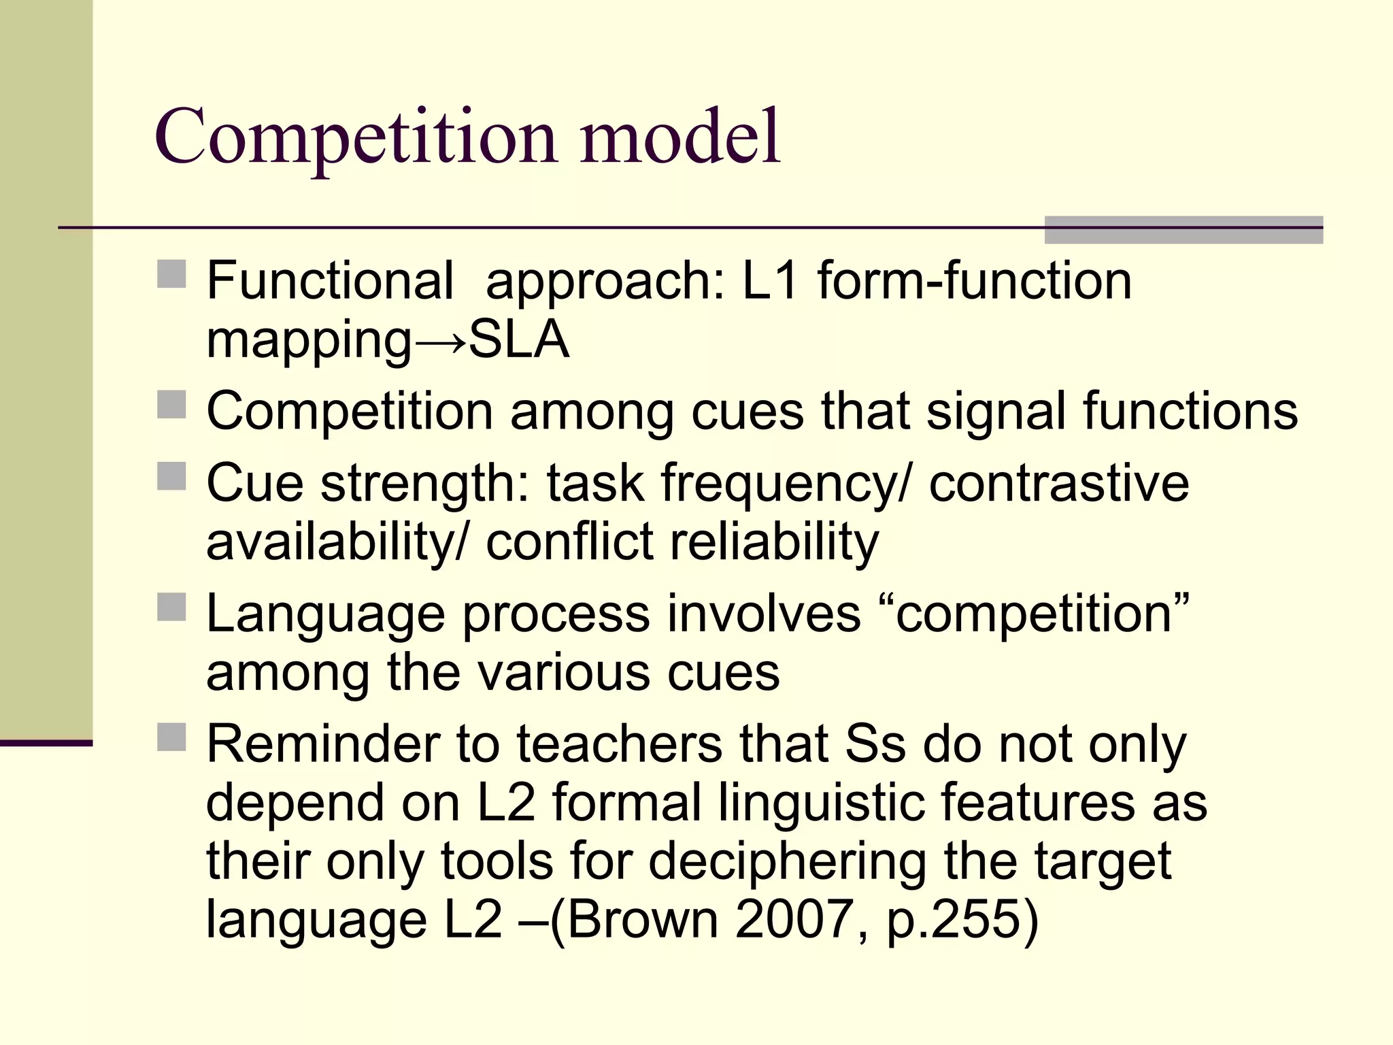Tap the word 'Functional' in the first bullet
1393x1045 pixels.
tap(330, 280)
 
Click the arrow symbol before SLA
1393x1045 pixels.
tap(440, 340)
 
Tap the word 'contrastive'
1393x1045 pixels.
tap(1058, 483)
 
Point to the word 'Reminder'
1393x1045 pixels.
tap(322, 744)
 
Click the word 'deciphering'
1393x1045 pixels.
tap(787, 861)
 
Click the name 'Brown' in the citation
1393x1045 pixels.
tap(642, 920)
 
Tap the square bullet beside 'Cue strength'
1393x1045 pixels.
tap(171, 476)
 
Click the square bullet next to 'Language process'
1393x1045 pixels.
tap(171, 607)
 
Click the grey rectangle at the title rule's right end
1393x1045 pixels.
tap(1184, 229)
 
